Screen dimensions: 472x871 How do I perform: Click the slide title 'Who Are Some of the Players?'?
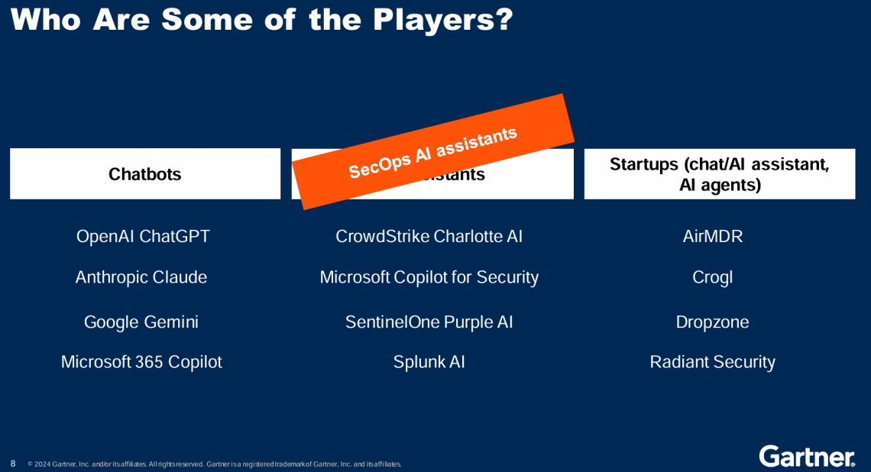click(x=261, y=20)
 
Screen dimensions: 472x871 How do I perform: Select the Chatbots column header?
click(x=145, y=174)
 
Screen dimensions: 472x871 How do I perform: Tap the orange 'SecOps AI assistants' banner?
click(x=433, y=152)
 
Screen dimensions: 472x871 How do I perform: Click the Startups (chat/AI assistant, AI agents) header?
click(x=719, y=174)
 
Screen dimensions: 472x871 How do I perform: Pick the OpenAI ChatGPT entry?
click(x=143, y=237)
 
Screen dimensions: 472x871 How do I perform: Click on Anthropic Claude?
click(x=141, y=277)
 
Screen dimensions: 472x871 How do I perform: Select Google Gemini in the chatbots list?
click(x=141, y=322)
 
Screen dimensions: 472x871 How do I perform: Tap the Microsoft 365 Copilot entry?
click(x=141, y=362)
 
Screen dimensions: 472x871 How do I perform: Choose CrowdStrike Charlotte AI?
click(x=429, y=237)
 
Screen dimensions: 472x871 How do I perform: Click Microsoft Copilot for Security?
click(x=429, y=277)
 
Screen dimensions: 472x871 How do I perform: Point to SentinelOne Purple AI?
click(x=429, y=322)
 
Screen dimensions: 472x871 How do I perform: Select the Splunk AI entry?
click(x=429, y=362)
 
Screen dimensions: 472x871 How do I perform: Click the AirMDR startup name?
click(x=712, y=237)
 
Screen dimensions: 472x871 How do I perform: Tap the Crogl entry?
click(x=712, y=277)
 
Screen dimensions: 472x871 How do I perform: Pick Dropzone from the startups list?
click(x=712, y=322)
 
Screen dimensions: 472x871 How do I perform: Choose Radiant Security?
click(x=712, y=362)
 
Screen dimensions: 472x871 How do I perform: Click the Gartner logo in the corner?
click(x=806, y=456)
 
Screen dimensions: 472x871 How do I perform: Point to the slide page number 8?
click(x=13, y=464)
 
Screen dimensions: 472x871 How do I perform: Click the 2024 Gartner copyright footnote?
click(x=214, y=464)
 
